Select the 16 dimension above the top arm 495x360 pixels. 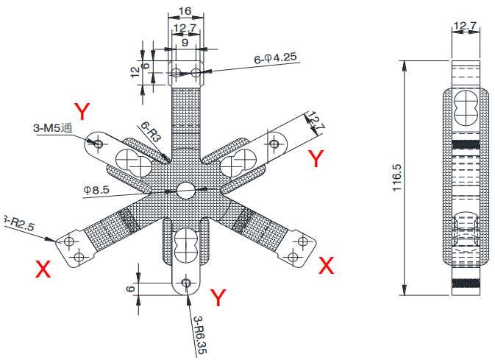coord(185,10)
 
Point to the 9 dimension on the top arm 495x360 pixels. coord(185,43)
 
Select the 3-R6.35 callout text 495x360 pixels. coord(198,336)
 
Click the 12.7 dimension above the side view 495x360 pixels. coord(465,27)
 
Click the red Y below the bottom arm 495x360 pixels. coord(218,298)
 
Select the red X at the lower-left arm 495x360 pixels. coord(43,270)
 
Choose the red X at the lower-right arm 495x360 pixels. coord(326,266)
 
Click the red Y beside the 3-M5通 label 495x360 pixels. coord(82,113)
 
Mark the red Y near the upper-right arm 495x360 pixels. coord(315,159)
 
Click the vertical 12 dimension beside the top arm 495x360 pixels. coord(135,71)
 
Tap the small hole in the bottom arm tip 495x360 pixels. coord(186,283)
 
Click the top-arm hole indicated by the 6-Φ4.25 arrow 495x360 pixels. coord(196,72)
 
